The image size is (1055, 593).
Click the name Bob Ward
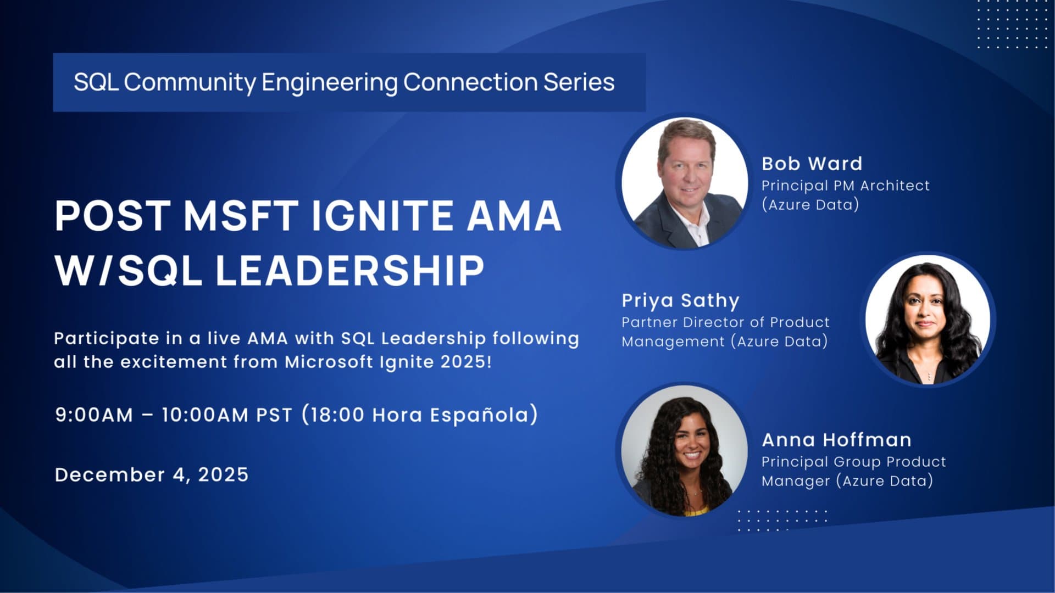[x=812, y=164]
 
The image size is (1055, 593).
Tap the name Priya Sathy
[x=680, y=301]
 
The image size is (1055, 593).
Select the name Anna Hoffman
[x=836, y=440]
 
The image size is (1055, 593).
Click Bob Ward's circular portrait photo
[x=685, y=182]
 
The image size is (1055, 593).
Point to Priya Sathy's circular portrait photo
[x=928, y=320]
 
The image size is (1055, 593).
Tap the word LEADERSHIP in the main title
[x=349, y=271]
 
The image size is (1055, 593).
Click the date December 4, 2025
[x=152, y=474]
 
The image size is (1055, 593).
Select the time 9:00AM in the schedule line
[x=94, y=415]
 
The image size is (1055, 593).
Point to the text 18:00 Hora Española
[x=419, y=415]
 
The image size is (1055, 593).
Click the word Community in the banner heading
[x=190, y=82]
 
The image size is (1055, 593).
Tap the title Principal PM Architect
[x=846, y=186]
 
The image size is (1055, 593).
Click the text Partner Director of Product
[x=725, y=322]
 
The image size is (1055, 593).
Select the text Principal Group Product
[x=854, y=462]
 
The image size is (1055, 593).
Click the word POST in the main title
[x=113, y=216]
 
